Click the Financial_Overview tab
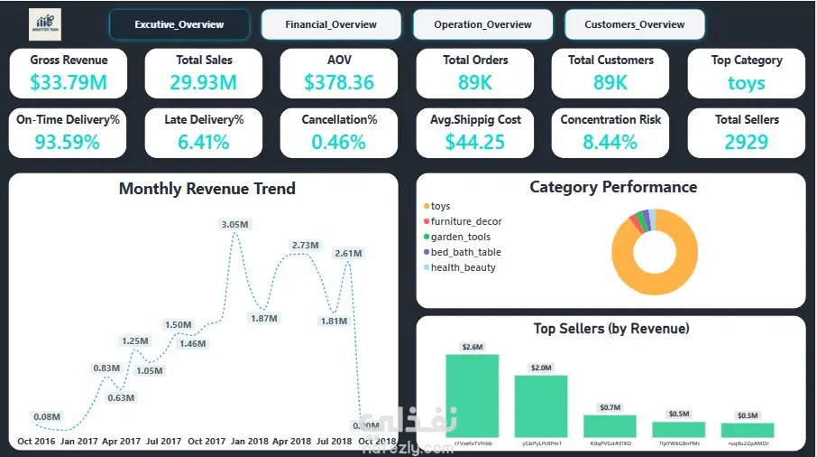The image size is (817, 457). point(331,24)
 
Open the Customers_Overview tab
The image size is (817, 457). point(635,24)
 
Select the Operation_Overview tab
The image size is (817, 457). point(482,24)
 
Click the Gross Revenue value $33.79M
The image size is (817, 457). point(69,83)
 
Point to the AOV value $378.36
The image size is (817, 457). point(339,83)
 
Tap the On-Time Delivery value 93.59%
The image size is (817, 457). point(68,142)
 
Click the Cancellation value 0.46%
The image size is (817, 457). point(339,142)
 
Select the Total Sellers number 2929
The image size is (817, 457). point(747,142)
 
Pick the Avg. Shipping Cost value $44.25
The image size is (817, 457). point(475,142)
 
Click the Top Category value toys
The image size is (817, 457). point(747,83)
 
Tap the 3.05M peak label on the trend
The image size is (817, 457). point(236,224)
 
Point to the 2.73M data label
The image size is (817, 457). point(307,246)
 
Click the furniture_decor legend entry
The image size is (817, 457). point(466,221)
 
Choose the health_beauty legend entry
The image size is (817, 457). point(464,267)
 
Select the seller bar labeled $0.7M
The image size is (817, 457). point(610,426)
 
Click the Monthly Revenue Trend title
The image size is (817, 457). point(207,189)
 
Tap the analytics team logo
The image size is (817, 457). point(45,23)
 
